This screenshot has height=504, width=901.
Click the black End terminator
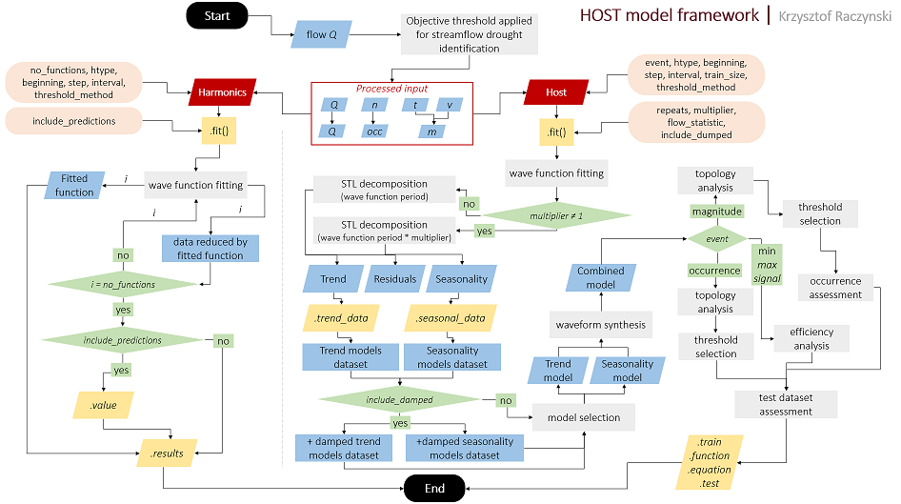coord(434,488)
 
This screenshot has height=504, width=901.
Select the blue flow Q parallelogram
coord(321,35)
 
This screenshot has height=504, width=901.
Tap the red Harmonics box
coord(222,92)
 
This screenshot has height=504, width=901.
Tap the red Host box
coord(556,92)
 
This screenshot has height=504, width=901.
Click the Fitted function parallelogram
coord(73,185)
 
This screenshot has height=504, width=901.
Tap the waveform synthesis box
coord(600,325)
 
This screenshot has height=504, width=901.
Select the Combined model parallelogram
coord(600,277)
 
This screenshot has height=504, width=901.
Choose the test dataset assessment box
coord(786,404)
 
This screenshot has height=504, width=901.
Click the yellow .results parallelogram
coord(167,452)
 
